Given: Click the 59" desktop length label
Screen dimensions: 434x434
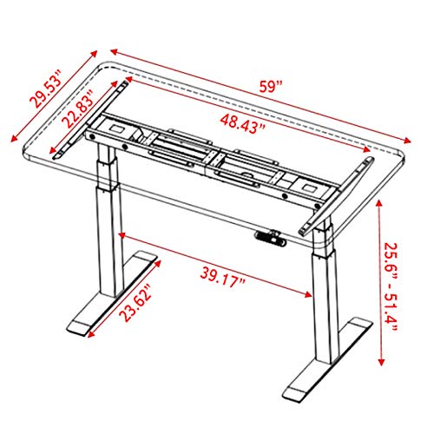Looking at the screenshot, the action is (270, 87).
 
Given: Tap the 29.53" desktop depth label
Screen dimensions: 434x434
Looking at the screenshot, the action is (46, 89).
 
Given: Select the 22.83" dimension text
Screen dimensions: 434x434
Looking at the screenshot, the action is (78, 108).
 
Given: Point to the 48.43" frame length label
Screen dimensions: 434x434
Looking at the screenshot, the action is (242, 124).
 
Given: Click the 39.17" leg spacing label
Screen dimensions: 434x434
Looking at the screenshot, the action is (222, 278).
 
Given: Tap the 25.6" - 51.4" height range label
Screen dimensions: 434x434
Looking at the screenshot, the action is (391, 288).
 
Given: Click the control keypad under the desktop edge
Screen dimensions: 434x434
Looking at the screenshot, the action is (271, 238).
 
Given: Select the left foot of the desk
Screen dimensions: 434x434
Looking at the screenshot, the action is (112, 293).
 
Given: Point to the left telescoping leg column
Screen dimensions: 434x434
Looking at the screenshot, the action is (109, 220).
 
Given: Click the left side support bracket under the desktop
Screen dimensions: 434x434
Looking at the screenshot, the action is (90, 120).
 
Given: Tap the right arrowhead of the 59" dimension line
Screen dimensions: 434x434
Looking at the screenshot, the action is (407, 141).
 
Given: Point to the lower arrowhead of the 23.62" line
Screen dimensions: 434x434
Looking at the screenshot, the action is (91, 334).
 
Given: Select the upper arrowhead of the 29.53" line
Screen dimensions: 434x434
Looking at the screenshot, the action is (94, 54).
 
